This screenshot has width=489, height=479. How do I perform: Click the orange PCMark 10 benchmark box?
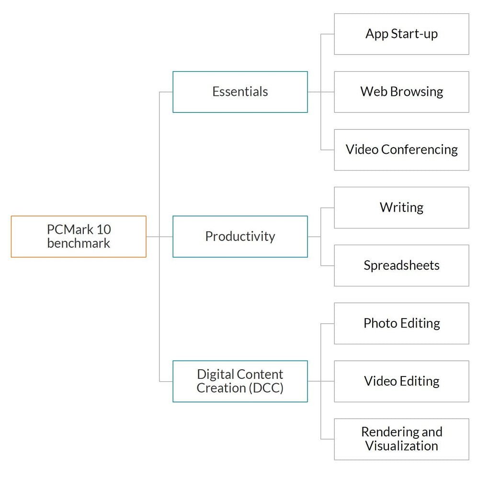(x=79, y=236)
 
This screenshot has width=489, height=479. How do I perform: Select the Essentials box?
(x=240, y=92)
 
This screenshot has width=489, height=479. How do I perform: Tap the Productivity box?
(x=240, y=236)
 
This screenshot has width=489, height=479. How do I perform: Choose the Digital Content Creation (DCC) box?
(x=240, y=381)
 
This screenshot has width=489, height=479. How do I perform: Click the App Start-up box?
(x=401, y=34)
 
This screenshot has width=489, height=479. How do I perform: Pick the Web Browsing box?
(x=401, y=92)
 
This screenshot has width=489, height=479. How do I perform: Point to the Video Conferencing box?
(x=401, y=149)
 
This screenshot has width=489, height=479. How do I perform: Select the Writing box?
(x=401, y=207)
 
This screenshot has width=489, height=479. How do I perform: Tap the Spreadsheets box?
(x=401, y=265)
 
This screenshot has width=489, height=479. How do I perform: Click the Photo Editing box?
(x=401, y=323)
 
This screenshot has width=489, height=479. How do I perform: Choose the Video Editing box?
(x=401, y=381)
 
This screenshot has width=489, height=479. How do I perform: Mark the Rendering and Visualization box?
(x=401, y=439)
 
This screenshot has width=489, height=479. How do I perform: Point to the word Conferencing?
(x=420, y=149)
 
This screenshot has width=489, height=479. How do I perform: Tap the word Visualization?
(x=401, y=446)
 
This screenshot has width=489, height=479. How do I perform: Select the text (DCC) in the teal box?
(x=266, y=388)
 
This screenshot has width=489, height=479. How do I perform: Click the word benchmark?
(x=79, y=243)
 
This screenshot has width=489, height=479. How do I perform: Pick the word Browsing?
(x=416, y=92)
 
